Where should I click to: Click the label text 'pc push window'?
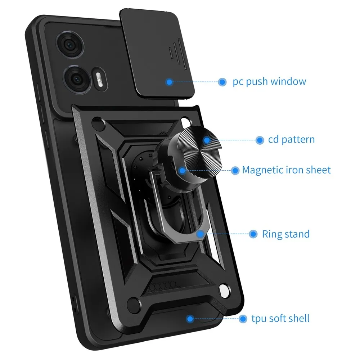[x=269, y=81]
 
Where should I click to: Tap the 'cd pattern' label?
[x=291, y=140]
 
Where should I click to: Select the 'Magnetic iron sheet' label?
[x=286, y=170]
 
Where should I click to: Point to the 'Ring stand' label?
[x=285, y=234]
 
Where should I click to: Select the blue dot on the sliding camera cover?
[x=169, y=82]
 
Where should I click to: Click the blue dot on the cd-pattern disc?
[x=207, y=140]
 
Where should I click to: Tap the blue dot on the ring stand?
[x=199, y=234]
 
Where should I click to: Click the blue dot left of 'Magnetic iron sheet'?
[x=235, y=170]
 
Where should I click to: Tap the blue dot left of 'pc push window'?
[x=222, y=82]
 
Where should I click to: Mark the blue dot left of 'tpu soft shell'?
[x=243, y=318]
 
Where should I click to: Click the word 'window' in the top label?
[x=288, y=81]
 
